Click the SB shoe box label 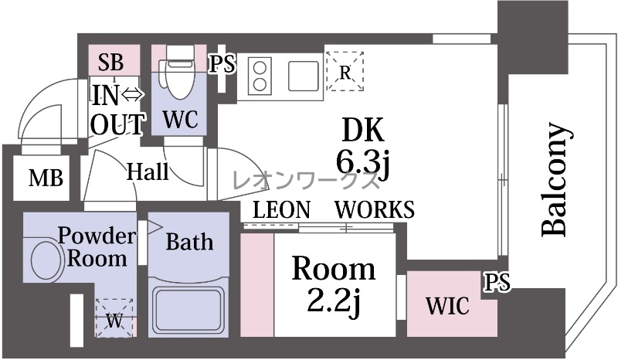pos(110,62)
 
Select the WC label pos(180,118)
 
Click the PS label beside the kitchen pos(222,64)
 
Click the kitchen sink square pos(304,76)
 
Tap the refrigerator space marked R pos(345,71)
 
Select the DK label pos(362,130)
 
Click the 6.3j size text pos(363,161)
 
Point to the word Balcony pos(555,179)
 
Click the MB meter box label pos(46,178)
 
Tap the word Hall pos(148,172)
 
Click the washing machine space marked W pos(115,318)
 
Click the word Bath pos(189,242)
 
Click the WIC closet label pos(447,305)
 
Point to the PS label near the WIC pos(497,282)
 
